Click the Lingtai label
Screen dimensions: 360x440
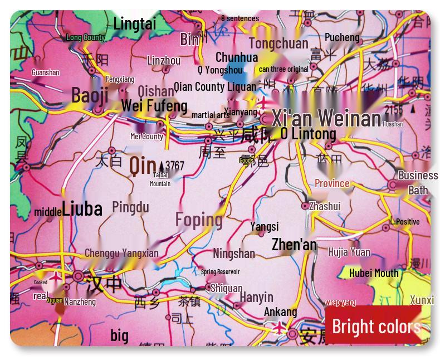135,23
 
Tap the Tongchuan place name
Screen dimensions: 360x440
278,43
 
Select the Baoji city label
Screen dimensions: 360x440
90,95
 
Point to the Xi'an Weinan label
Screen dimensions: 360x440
326,118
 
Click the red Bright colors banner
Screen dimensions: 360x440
377,326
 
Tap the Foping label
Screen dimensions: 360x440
199,220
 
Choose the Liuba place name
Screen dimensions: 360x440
82,208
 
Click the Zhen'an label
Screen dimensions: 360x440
294,245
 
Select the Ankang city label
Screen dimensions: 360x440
280,312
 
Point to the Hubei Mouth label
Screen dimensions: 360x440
374,273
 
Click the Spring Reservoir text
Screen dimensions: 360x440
220,271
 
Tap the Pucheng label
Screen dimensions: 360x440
342,37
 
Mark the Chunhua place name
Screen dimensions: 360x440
237,57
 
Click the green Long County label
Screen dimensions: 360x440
85,37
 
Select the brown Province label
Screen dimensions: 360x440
332,183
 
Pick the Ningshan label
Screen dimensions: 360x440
233,254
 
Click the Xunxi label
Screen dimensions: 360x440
422,300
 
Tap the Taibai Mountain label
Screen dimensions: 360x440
160,179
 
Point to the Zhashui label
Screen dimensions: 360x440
324,206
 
